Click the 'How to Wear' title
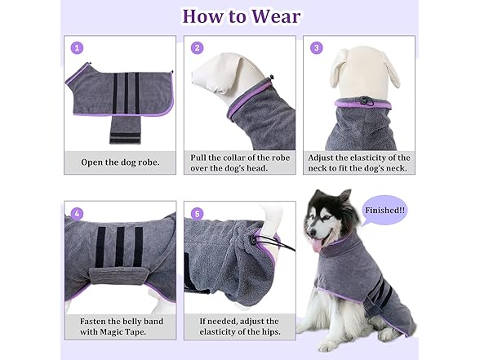(240, 16)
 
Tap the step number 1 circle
(78, 48)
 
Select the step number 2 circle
(197, 48)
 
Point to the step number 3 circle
(317, 48)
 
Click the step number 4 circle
(78, 214)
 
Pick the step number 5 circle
(197, 214)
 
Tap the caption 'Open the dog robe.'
(120, 162)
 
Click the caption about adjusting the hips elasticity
(239, 327)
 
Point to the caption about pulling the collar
(239, 162)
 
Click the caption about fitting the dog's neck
(359, 162)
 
